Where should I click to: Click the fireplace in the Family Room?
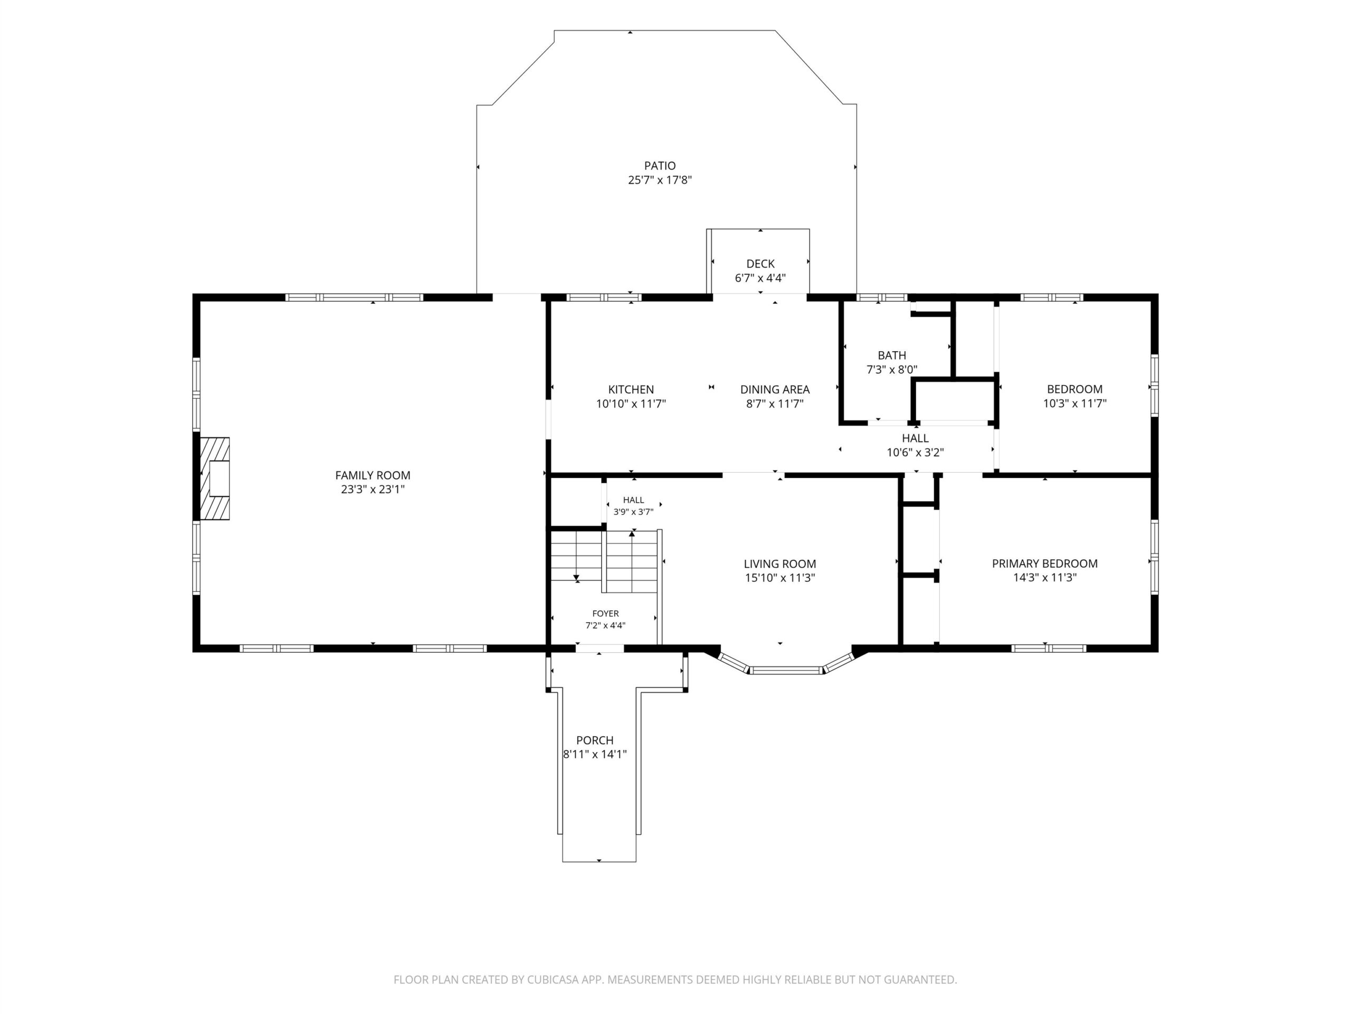coord(215,478)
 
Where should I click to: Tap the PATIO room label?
coord(660,166)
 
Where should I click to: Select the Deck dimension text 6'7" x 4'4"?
coord(760,278)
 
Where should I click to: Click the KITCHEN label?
coord(631,389)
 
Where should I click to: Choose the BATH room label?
coord(892,355)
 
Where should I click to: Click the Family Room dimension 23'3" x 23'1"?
coord(373,490)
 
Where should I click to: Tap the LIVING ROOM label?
coord(779,564)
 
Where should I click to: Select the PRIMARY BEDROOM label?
coord(1044,564)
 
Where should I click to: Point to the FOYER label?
coord(605,614)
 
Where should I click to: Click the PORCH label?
coord(595,740)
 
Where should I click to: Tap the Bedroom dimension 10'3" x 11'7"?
coord(1074,403)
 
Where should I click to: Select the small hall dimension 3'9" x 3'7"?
coord(633,512)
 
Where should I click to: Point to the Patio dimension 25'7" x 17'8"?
coord(660,180)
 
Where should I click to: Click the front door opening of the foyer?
coord(599,649)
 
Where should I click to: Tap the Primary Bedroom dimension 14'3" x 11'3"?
coord(1044,578)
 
